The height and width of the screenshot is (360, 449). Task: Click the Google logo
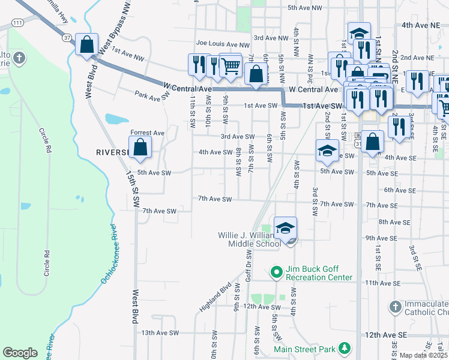click(x=20, y=353)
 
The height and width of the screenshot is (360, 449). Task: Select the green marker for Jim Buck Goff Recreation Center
click(x=276, y=273)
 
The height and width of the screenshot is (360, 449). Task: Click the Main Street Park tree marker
click(x=344, y=348)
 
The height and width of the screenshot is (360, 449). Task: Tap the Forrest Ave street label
click(x=147, y=133)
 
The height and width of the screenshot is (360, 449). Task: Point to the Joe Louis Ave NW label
click(x=223, y=44)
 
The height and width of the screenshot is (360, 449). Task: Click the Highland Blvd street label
click(x=215, y=297)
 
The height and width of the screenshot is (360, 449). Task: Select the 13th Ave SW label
click(x=160, y=332)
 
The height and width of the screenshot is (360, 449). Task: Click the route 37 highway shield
click(x=66, y=37)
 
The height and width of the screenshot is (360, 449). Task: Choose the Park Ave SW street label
click(x=152, y=95)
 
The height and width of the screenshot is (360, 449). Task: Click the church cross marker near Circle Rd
click(x=19, y=58)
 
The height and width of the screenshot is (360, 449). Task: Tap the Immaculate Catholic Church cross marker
click(x=394, y=307)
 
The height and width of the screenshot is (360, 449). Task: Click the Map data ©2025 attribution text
click(x=423, y=355)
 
